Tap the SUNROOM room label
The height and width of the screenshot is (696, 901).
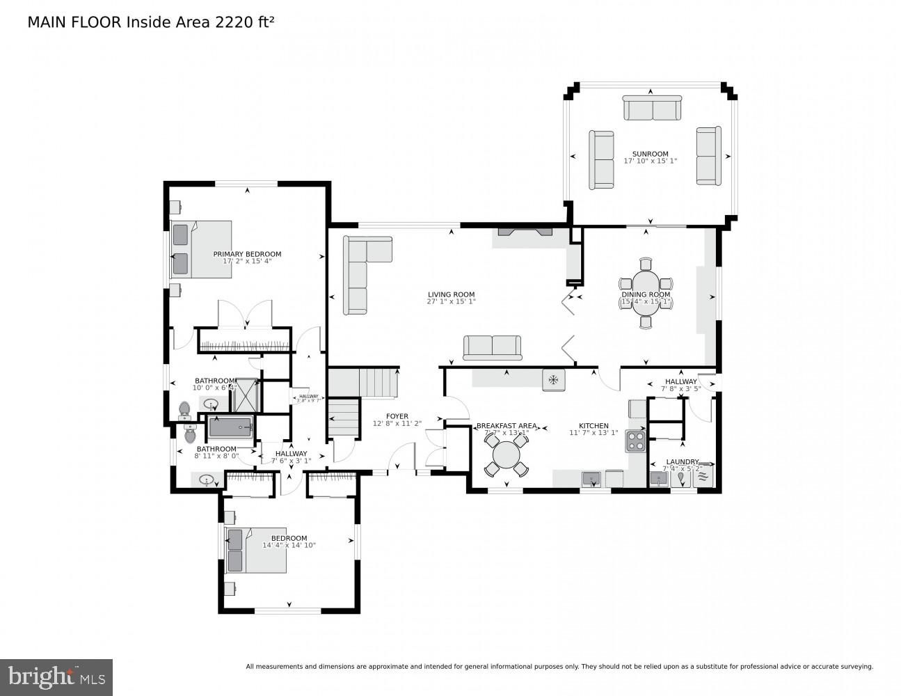click(x=650, y=154)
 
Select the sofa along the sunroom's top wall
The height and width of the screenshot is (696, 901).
click(x=651, y=109)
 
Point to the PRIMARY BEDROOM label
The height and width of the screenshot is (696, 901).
click(x=247, y=254)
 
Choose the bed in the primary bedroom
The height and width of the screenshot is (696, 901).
click(x=202, y=249)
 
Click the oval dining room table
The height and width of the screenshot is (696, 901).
click(x=646, y=293)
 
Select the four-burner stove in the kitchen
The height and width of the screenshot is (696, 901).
click(x=636, y=441)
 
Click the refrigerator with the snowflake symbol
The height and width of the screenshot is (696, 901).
click(x=554, y=379)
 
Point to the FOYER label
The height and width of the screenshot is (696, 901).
click(x=397, y=416)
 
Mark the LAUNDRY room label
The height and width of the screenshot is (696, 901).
click(x=682, y=461)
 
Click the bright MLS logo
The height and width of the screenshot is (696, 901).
click(x=56, y=677)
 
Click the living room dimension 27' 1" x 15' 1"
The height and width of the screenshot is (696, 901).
click(x=451, y=302)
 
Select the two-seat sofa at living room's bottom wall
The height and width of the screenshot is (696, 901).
click(x=493, y=347)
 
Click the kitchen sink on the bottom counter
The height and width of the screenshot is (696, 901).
click(x=591, y=479)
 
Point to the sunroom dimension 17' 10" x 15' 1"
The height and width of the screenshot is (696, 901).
click(x=650, y=161)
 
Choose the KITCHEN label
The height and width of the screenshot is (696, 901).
click(x=593, y=426)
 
